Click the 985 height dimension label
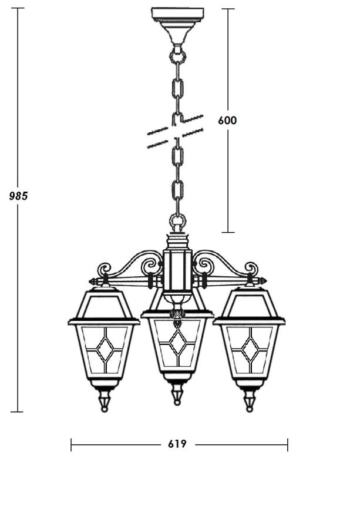click(x=18, y=196)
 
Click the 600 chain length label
click(x=227, y=120)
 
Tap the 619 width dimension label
click(x=177, y=444)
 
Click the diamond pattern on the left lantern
click(x=105, y=350)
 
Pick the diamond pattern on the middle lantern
click(x=177, y=341)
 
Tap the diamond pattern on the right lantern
click(x=250, y=349)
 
